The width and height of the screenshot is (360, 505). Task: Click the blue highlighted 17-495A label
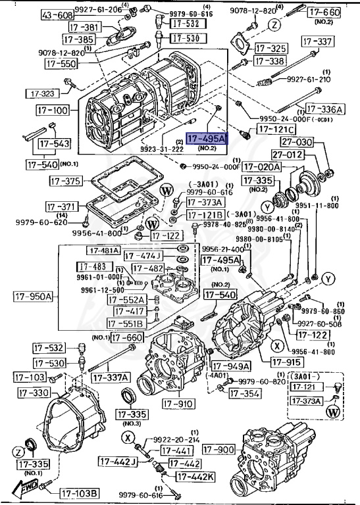pos(207,139)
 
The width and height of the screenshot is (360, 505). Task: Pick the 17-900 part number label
pos(219,450)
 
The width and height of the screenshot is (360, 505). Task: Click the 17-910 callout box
pos(178,404)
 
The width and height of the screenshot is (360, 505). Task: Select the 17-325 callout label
pos(270,48)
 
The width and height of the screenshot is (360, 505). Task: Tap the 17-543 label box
pos(53,143)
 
